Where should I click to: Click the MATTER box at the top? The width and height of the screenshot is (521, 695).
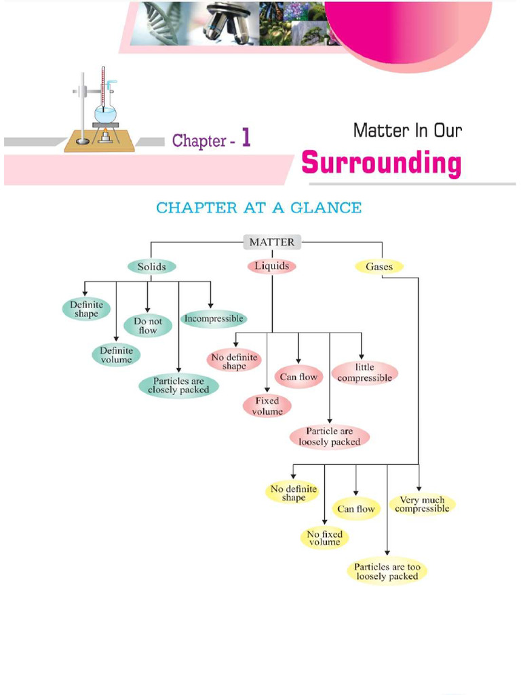271,242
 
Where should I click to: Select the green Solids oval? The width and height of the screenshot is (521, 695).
151,267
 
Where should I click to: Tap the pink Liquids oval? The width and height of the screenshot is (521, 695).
271,266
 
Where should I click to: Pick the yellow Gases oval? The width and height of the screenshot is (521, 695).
379,267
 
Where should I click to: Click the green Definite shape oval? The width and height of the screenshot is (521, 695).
86,309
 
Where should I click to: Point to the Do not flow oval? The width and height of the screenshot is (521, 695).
147,326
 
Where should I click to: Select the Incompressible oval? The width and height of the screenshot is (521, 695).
213,318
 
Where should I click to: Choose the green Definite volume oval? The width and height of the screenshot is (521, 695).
116,355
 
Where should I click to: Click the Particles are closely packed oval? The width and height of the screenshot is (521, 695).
178,386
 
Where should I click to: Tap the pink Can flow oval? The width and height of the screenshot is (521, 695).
298,377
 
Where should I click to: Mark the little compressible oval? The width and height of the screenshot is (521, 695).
364,373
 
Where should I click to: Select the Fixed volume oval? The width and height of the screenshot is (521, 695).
267,406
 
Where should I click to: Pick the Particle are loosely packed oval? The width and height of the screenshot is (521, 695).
330,436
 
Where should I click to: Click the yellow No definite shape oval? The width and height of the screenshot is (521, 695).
293,493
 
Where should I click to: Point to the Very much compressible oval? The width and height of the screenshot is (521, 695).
422,504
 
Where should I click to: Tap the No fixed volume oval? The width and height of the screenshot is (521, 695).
324,538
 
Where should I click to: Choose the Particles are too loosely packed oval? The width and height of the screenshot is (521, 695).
387,571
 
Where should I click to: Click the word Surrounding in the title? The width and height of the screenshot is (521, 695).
381,164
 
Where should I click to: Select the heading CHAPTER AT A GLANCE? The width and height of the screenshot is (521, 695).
258,208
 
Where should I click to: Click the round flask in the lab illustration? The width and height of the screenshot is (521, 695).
105,113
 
